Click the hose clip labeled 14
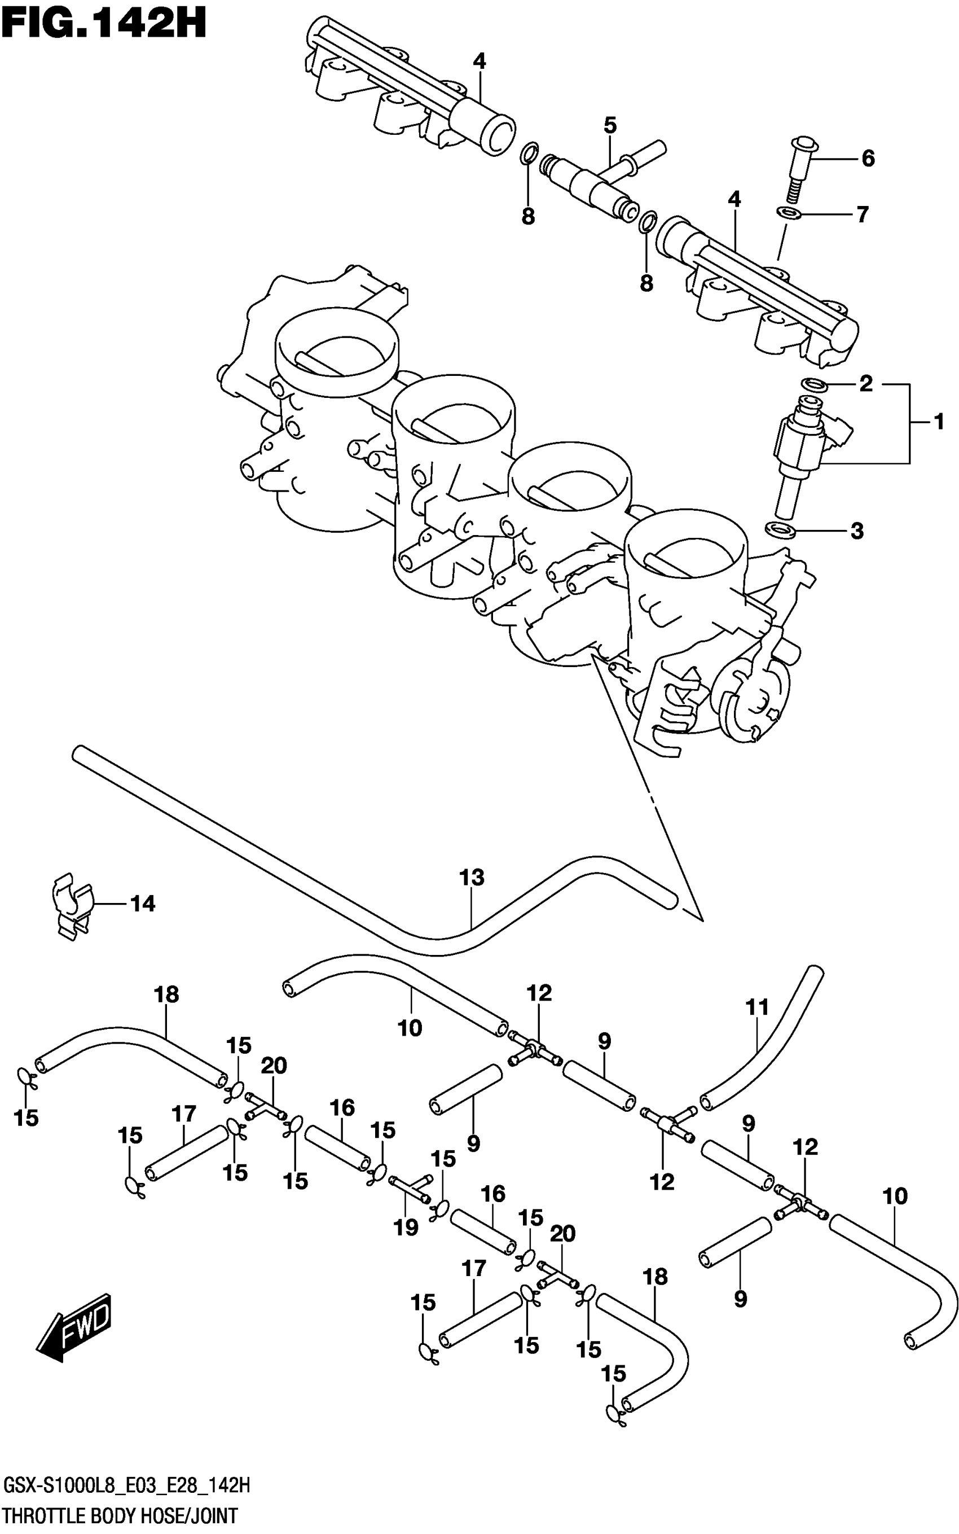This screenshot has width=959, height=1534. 71,905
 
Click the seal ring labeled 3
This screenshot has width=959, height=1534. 780,528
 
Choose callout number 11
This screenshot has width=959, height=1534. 756,1007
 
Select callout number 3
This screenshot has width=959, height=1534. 857,531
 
